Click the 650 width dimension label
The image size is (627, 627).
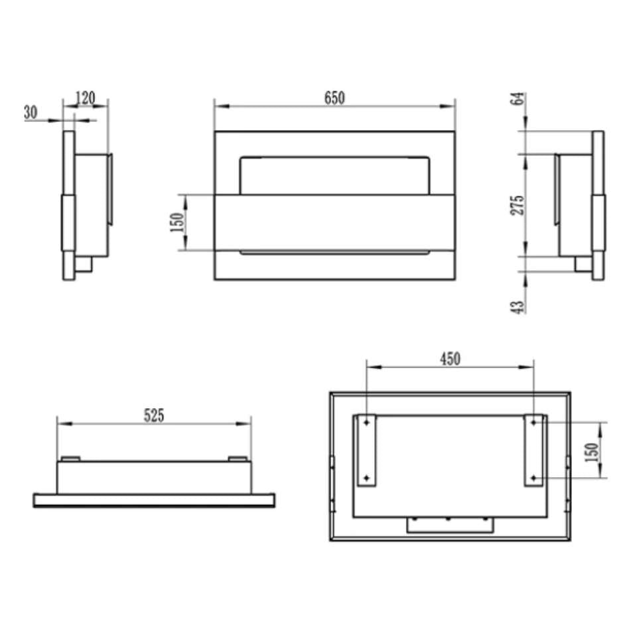pyautogui.click(x=334, y=98)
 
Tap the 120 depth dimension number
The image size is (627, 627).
pyautogui.click(x=85, y=98)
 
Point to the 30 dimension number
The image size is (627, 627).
pyautogui.click(x=31, y=112)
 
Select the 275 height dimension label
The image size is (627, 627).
pyautogui.click(x=517, y=205)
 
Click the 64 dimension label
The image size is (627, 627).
pyautogui.click(x=517, y=98)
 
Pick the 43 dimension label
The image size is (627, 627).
pyautogui.click(x=517, y=307)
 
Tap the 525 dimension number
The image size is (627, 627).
pyautogui.click(x=154, y=415)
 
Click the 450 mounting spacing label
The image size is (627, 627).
pyautogui.click(x=451, y=359)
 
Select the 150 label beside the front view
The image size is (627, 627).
pyautogui.click(x=176, y=222)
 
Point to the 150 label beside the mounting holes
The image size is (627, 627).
pyautogui.click(x=592, y=452)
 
